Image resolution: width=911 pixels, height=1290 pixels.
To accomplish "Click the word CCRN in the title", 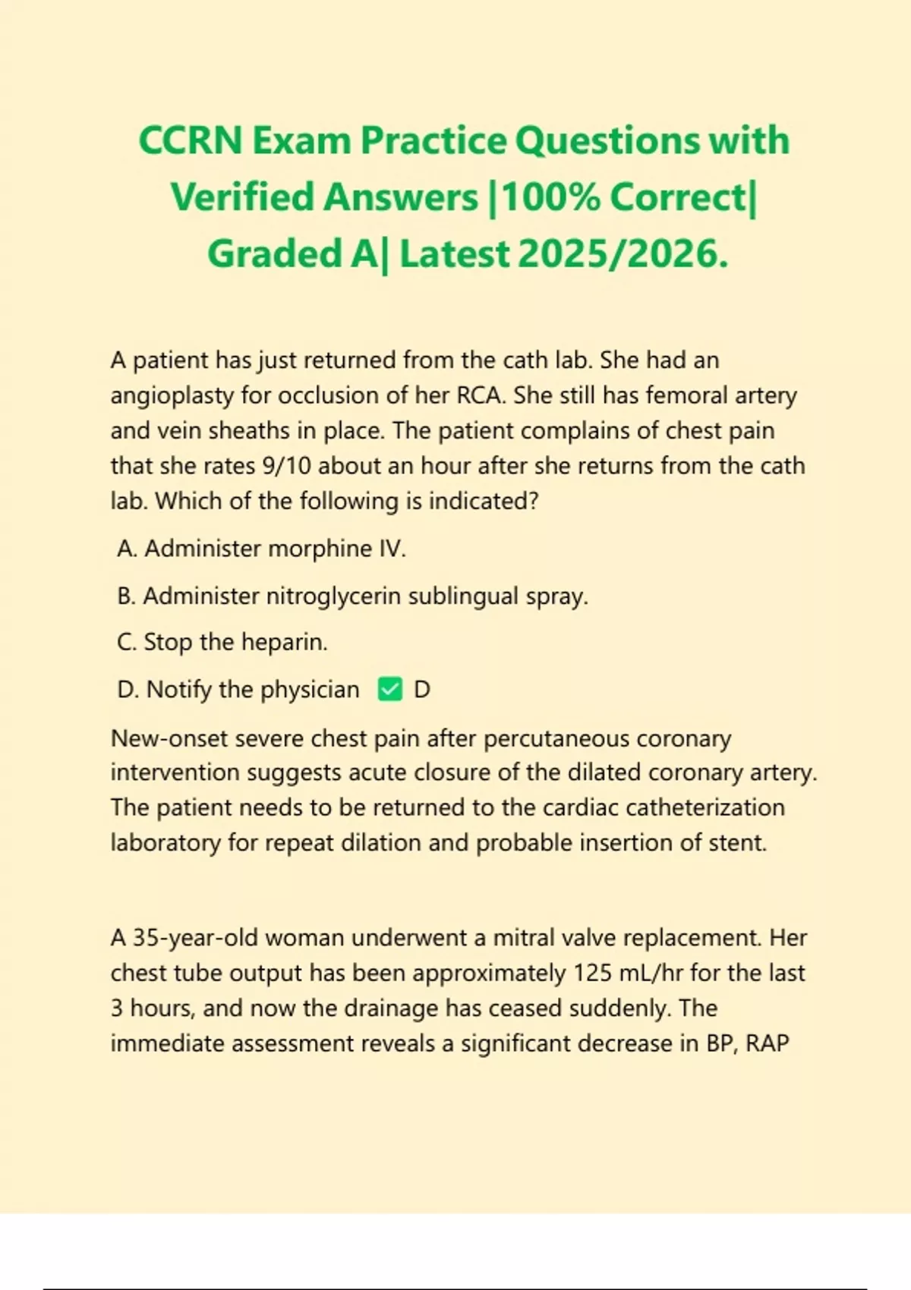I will [191, 141].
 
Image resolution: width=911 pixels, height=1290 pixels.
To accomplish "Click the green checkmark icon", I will [390, 690].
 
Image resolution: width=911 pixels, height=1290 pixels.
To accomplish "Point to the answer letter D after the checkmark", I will [422, 690].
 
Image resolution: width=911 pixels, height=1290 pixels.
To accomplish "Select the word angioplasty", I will [172, 395].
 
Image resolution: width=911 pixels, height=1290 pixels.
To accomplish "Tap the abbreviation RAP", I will [767, 1043].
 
